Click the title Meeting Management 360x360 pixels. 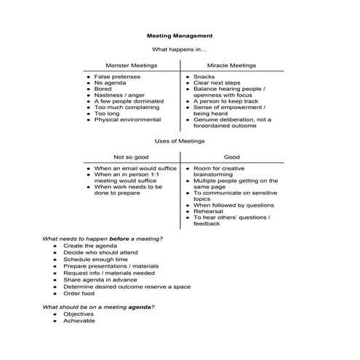coord(180,35)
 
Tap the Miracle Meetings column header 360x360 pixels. coord(231,65)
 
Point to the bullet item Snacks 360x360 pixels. coord(204,76)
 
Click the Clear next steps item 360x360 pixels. coord(217,84)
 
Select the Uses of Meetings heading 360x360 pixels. coord(180,140)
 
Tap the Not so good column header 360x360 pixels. coord(131,157)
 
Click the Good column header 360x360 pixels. coord(231,157)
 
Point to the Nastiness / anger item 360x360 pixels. coord(121,91)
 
